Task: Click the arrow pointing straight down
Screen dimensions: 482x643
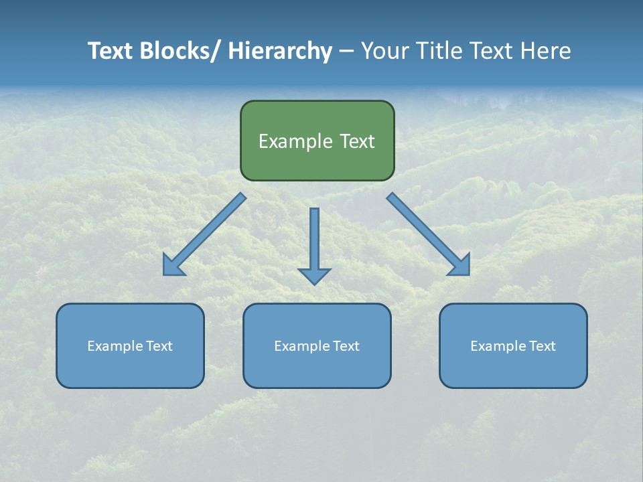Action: point(314,241)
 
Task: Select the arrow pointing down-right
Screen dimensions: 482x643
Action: point(429,235)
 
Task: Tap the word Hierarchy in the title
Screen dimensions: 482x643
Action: point(280,51)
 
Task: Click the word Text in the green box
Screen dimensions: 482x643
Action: point(356,141)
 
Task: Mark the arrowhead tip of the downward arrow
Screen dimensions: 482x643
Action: point(314,284)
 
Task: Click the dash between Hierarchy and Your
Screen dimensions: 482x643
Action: point(346,52)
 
